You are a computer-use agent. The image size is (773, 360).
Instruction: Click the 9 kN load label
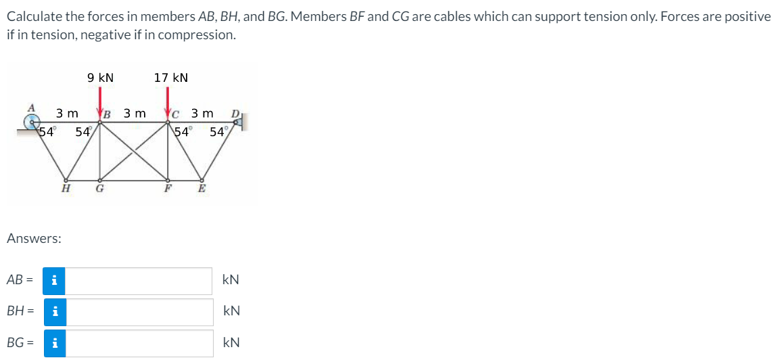point(101,78)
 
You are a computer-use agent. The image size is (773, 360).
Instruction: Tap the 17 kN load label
point(171,78)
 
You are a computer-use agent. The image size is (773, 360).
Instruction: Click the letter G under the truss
point(99,189)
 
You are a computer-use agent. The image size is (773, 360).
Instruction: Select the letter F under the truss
point(167,189)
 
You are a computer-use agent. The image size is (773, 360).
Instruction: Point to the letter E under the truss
point(201,189)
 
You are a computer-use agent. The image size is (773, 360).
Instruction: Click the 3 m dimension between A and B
point(67,113)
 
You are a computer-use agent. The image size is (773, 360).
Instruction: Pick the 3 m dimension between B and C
point(135,113)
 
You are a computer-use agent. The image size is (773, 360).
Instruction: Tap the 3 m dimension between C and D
point(202,113)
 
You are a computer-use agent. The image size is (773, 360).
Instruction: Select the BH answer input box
point(139,312)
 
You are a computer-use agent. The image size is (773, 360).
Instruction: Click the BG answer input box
point(139,343)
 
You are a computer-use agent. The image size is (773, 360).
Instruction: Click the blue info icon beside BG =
point(55,343)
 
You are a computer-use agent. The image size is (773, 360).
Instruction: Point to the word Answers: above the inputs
point(34,238)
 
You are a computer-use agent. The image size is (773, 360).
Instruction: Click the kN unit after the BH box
point(231,312)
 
